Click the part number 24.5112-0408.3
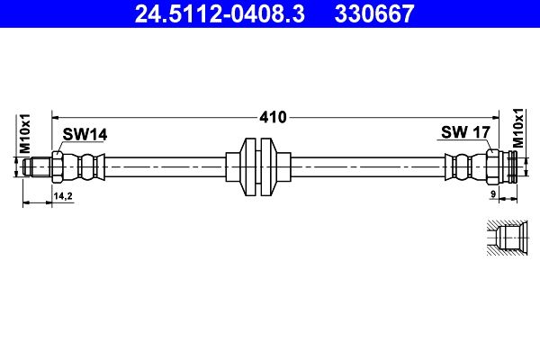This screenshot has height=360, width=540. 220,13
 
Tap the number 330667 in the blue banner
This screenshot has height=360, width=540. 374,13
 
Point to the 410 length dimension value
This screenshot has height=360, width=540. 273,118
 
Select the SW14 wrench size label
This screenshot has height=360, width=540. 85,134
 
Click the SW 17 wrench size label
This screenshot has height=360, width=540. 465,132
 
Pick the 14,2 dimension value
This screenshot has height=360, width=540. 63,196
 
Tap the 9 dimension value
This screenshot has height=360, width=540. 493,194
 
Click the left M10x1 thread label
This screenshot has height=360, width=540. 25,134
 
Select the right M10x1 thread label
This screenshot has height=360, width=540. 517,128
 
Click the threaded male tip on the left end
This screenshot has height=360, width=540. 37,167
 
